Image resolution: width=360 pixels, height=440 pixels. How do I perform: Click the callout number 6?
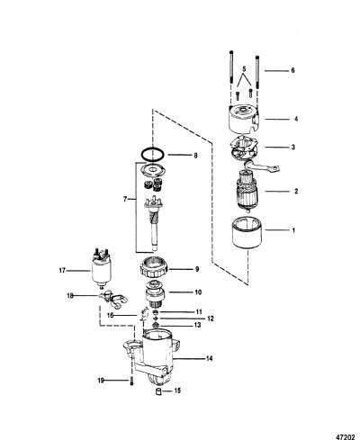pyautogui.click(x=292, y=70)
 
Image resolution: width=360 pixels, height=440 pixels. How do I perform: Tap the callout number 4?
pyautogui.click(x=296, y=119)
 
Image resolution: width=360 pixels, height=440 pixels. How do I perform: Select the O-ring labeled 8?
pyautogui.click(x=153, y=155)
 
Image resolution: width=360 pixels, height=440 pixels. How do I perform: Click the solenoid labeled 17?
pyautogui.click(x=102, y=268)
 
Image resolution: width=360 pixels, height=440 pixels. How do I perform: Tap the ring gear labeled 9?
pyautogui.click(x=153, y=268)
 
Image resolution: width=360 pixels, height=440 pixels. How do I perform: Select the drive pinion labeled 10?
pyautogui.click(x=155, y=294)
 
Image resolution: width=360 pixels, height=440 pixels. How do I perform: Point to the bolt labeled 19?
pyautogui.click(x=132, y=382)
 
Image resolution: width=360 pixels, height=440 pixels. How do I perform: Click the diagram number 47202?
pyautogui.click(x=347, y=434)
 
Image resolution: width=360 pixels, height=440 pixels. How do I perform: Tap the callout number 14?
pyautogui.click(x=209, y=358)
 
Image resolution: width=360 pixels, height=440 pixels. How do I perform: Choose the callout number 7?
pyautogui.click(x=125, y=199)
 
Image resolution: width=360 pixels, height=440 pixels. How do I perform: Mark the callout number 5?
pyautogui.click(x=244, y=69)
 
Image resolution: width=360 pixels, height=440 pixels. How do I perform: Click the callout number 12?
pyautogui.click(x=211, y=319)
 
